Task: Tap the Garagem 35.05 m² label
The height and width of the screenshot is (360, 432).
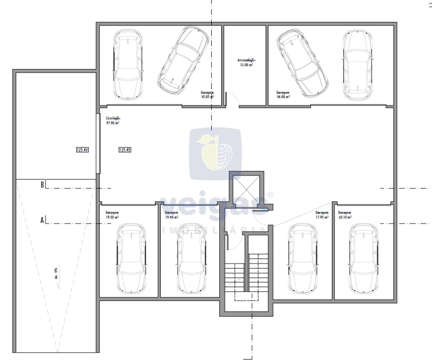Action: [207, 95]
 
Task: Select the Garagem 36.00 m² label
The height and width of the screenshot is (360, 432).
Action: [283, 95]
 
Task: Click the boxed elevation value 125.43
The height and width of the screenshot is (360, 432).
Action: [82, 149]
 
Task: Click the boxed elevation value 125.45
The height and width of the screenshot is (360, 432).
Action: [125, 149]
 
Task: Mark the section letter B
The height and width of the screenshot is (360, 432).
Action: [43, 184]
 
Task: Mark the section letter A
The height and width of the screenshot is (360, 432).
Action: [43, 219]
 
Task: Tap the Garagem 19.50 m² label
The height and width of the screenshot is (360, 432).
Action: [112, 215]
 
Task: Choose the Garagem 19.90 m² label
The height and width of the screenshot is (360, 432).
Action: [172, 215]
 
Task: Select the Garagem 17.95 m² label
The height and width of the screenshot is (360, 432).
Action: [322, 215]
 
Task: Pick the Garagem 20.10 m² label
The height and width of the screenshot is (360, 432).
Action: [345, 215]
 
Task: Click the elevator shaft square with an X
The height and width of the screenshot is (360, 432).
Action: [245, 190]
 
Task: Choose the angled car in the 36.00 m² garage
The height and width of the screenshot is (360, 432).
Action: [303, 62]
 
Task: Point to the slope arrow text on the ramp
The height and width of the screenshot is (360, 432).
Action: [56, 273]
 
